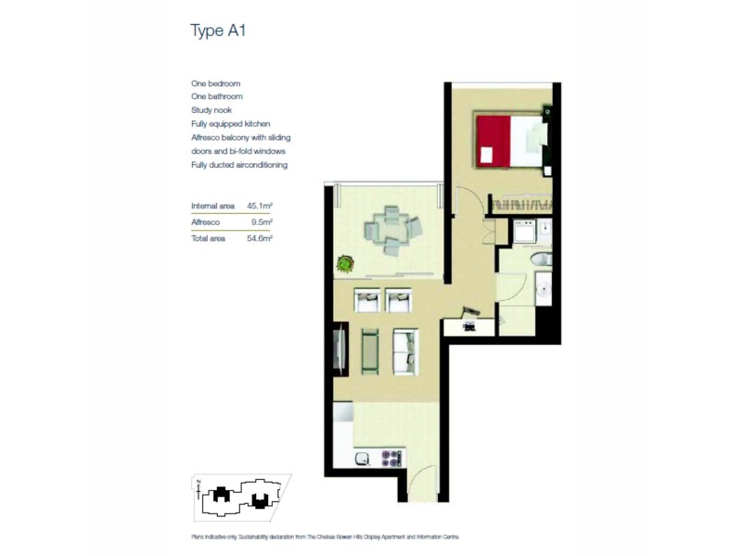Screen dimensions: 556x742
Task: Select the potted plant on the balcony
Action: click(345, 264)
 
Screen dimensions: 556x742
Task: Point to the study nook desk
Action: click(469, 325)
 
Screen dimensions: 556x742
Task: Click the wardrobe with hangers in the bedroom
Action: click(519, 203)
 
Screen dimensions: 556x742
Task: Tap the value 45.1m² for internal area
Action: click(259, 206)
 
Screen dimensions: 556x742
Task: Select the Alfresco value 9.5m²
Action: click(261, 222)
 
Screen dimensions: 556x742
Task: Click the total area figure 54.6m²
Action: click(259, 238)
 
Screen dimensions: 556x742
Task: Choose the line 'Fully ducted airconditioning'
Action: click(239, 164)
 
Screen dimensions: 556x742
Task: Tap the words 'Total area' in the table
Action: click(209, 238)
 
